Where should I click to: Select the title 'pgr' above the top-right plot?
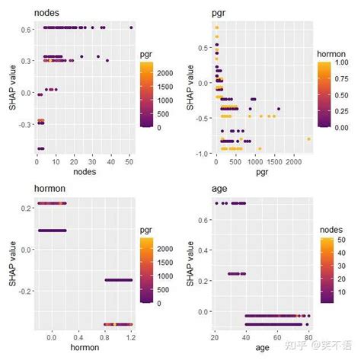221,13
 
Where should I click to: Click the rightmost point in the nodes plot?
131,27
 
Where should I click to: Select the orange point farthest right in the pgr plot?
308,139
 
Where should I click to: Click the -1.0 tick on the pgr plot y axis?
202,153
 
